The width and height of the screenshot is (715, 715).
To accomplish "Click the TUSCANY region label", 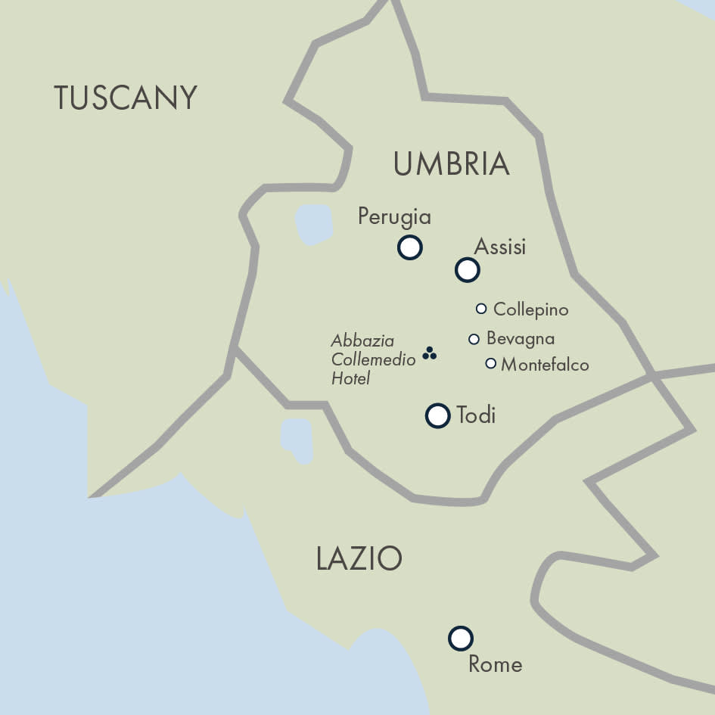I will [126, 98].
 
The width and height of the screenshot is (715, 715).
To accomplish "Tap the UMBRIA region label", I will [451, 164].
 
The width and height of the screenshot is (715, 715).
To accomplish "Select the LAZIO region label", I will [359, 559].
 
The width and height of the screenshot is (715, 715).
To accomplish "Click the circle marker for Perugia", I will [409, 247].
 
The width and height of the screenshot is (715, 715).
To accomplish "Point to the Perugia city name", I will [394, 217].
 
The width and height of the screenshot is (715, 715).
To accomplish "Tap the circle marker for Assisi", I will [468, 269].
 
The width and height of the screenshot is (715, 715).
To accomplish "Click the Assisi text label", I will [499, 247].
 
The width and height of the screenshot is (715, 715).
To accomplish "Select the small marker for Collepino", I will [480, 308].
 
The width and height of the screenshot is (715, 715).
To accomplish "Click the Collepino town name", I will [530, 309].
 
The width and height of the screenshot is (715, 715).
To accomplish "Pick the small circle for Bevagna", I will [474, 339].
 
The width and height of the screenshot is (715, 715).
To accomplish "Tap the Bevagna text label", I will [521, 338].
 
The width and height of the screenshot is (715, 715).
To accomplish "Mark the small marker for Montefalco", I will [490, 363].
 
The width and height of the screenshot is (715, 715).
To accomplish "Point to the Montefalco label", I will [545, 365].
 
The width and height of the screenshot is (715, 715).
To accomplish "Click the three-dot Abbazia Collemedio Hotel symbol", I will [429, 353].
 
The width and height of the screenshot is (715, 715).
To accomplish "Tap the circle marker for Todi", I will [437, 415].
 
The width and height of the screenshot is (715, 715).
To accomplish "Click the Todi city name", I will [476, 415].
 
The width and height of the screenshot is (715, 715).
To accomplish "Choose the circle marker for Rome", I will [460, 639].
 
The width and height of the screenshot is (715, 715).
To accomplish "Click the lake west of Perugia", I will [314, 224].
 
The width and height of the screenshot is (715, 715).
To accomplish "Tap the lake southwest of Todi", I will [297, 439].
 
